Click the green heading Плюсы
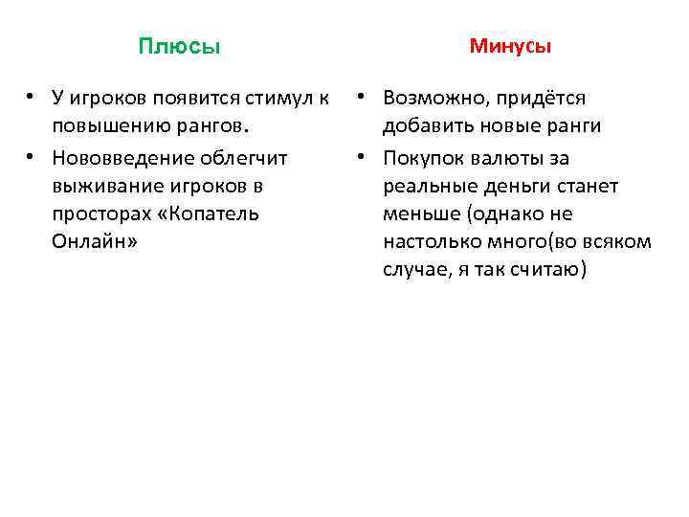(x=179, y=47)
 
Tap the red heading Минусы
(x=510, y=46)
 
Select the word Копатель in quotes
(x=211, y=214)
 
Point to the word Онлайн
(x=93, y=242)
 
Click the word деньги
(x=511, y=185)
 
